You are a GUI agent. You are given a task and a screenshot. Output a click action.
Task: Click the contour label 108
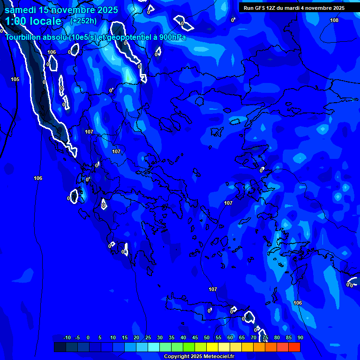(x=334, y=20)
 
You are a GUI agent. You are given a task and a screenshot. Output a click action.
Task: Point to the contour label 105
(x=15, y=79)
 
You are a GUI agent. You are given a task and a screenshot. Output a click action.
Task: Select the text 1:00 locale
(x=33, y=21)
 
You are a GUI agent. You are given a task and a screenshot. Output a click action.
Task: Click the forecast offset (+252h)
(x=83, y=21)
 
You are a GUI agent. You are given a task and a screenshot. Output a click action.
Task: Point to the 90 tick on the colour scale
(x=300, y=338)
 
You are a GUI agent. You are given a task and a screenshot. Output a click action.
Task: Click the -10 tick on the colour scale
(x=67, y=338)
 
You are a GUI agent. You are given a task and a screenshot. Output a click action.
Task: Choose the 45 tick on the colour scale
(x=195, y=338)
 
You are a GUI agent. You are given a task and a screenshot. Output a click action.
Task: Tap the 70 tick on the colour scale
(x=253, y=338)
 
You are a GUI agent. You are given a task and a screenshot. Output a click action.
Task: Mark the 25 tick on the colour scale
(x=148, y=338)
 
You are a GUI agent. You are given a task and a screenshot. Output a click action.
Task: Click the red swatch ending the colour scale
(x=294, y=347)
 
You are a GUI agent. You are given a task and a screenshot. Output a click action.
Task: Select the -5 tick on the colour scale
(x=77, y=338)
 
